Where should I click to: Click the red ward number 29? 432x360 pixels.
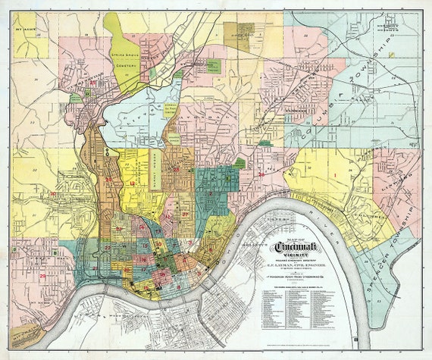pyautogui.click(x=42, y=277)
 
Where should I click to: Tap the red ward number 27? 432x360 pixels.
pyautogui.click(x=186, y=214)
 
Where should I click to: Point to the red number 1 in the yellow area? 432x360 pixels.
pyautogui.click(x=334, y=176)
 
